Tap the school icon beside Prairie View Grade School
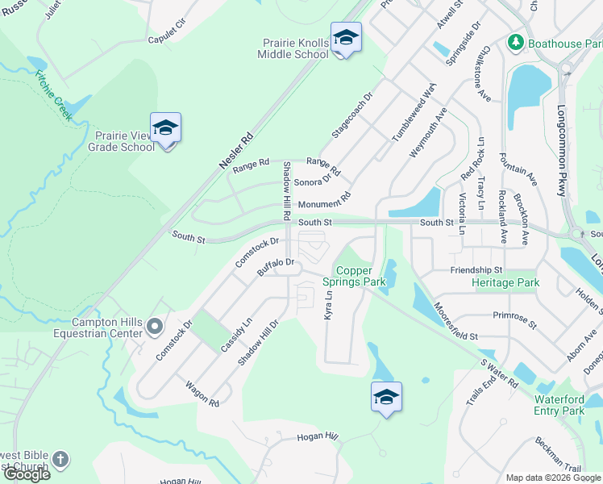coord(165,129)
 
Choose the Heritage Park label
coord(505,283)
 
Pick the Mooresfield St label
coord(455,320)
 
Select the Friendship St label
coord(476,269)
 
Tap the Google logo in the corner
coord(27,474)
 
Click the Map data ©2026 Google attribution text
coord(553,478)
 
